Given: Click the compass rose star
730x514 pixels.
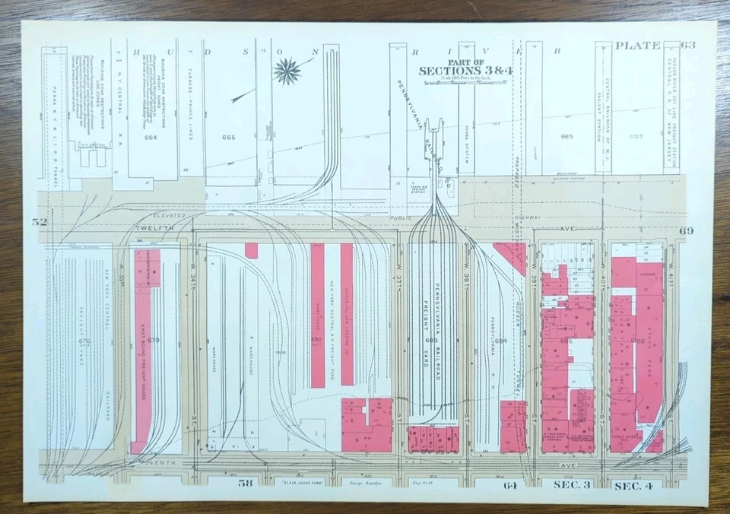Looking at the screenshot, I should coord(287,71).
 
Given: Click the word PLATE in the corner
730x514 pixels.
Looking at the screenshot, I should coord(637,46).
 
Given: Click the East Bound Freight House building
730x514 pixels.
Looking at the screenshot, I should coord(141,350).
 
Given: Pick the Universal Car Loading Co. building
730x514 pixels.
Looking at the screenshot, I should coord(346,312).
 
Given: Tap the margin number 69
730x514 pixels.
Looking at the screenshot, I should coord(687,230).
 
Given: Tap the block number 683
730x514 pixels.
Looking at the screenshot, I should coord(431,340).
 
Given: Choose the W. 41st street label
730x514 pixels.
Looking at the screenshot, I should coord(671,270).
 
